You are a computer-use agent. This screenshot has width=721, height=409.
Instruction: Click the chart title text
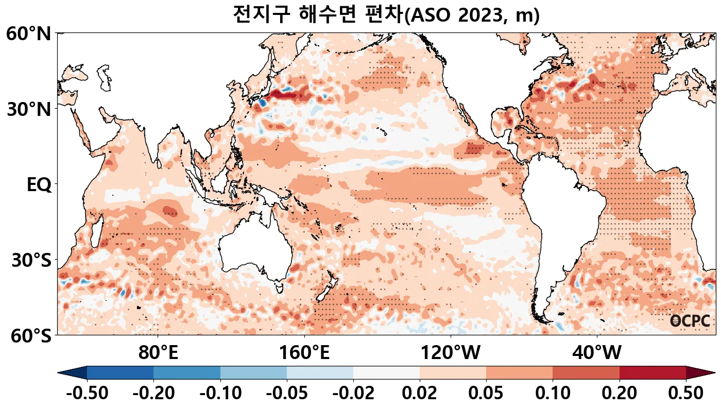point(386,14)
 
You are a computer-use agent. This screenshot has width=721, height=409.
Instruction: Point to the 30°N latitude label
point(29,109)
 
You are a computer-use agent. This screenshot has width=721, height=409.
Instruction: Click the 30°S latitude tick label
point(31,260)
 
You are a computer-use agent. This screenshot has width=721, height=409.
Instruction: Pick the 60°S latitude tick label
point(29,335)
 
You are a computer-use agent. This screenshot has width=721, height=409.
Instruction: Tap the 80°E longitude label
point(158,353)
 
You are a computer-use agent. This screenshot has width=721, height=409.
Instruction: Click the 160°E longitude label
point(304,353)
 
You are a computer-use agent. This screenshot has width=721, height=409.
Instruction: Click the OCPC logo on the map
point(690,321)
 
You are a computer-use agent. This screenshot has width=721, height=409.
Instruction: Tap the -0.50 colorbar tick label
point(87,393)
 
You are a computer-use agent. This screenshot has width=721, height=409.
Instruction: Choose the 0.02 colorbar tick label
point(420,393)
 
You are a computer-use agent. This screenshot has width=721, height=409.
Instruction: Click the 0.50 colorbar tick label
point(685,393)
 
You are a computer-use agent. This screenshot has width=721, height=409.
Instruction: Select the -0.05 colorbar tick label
point(287,393)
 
